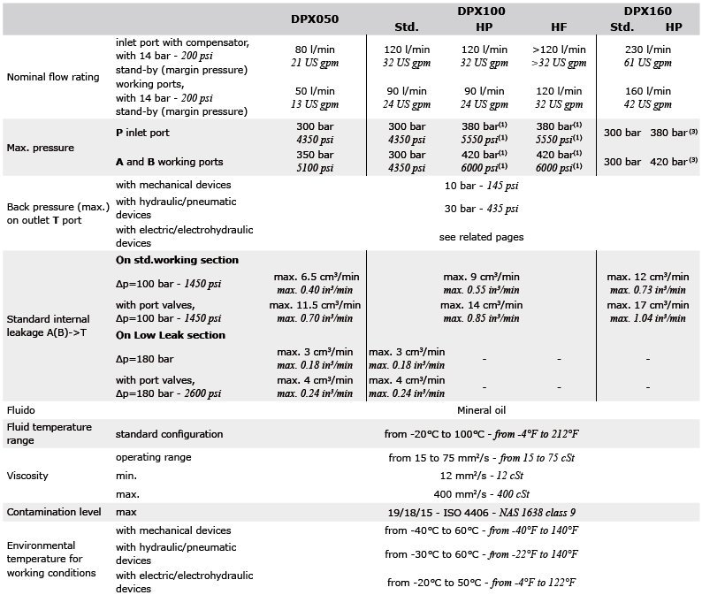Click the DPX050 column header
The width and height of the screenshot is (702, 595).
(x=314, y=18)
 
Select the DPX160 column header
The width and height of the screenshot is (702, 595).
(x=647, y=11)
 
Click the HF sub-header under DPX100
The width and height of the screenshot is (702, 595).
(x=559, y=27)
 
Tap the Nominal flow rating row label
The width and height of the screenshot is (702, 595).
(x=53, y=77)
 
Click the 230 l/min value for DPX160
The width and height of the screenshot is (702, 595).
(x=648, y=50)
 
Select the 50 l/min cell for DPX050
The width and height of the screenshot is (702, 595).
(x=314, y=91)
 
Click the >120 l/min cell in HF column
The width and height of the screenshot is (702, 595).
(x=559, y=50)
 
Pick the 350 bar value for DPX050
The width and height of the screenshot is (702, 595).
(x=314, y=155)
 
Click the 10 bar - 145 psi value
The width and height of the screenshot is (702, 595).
(x=481, y=185)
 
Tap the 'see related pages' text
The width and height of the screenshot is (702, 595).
(x=481, y=237)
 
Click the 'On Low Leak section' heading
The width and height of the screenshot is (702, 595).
(x=171, y=335)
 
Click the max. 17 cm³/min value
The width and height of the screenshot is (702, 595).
(x=648, y=305)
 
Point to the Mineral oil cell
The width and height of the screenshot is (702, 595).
(x=481, y=411)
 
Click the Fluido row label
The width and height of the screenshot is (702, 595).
(x=21, y=411)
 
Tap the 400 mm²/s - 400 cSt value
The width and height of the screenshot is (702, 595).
(x=481, y=493)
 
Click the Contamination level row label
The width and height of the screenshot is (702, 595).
(x=54, y=512)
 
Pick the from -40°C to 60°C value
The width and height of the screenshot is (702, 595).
(x=481, y=530)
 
